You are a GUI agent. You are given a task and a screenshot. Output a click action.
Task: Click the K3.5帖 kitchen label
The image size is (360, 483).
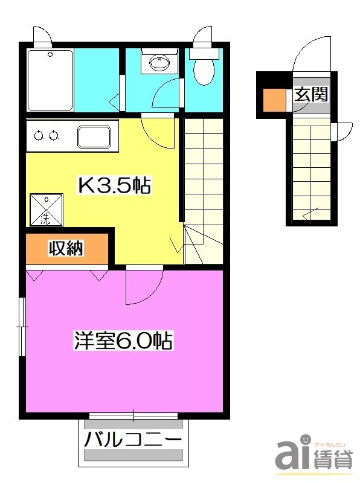pos(113,185)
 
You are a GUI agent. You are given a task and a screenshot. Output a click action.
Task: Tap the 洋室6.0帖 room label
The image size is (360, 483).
pos(123,341)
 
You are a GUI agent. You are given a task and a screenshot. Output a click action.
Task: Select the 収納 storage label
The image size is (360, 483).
pos(66,248)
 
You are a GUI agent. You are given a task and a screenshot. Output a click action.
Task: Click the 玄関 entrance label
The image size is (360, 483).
pos(311,95)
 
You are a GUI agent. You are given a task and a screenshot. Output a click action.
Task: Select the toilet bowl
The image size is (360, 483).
pos(204,71)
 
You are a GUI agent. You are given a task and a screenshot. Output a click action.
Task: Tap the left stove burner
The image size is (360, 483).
pos(39,135)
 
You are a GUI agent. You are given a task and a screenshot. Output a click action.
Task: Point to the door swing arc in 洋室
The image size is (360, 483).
pos(144,287)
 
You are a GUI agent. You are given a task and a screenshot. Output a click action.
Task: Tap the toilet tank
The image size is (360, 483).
pos(204,53)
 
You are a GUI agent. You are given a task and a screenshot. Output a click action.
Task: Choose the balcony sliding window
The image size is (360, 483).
pos(133,416)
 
